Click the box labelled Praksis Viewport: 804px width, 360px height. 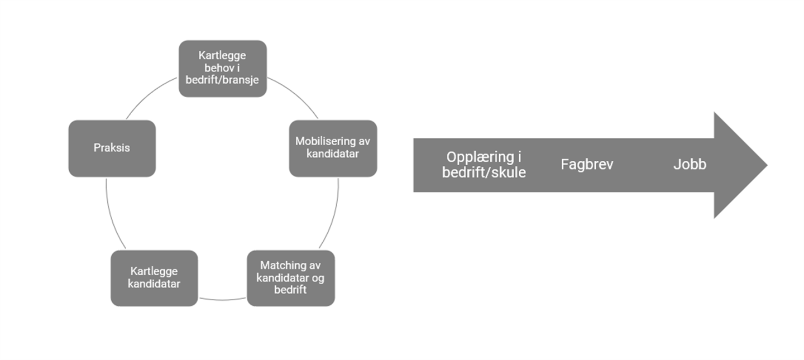pos(112,148)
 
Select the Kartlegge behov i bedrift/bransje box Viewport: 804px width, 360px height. pos(222,68)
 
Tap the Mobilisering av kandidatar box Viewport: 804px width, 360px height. pos(333,148)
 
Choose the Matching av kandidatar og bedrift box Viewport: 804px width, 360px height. pos(290,277)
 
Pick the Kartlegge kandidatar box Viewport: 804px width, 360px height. pos(154,277)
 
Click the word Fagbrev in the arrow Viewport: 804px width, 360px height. pos(587,165)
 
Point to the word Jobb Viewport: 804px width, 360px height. pos(690,165)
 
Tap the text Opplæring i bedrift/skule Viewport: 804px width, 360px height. pos(484,165)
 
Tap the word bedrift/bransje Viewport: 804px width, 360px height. pos(222,80)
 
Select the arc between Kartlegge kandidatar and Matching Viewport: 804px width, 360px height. pos(222,299)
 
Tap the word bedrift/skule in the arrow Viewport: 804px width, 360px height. pos(484,172)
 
